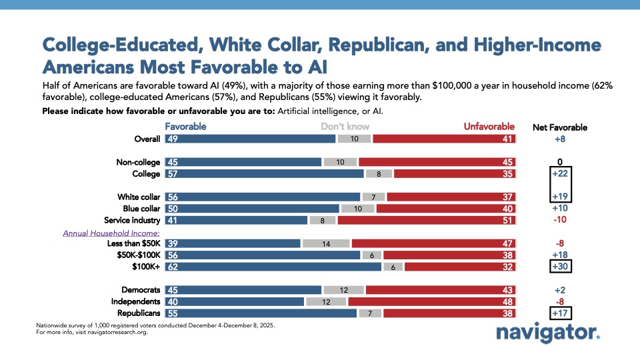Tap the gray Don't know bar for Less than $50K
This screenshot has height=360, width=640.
click(x=326, y=243)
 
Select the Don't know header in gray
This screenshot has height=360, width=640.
click(x=345, y=126)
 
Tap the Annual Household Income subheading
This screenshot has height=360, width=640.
click(x=111, y=233)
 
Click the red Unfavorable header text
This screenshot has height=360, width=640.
click(x=489, y=126)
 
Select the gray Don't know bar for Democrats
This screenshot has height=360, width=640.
click(x=343, y=290)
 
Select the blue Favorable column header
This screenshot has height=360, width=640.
click(x=185, y=126)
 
